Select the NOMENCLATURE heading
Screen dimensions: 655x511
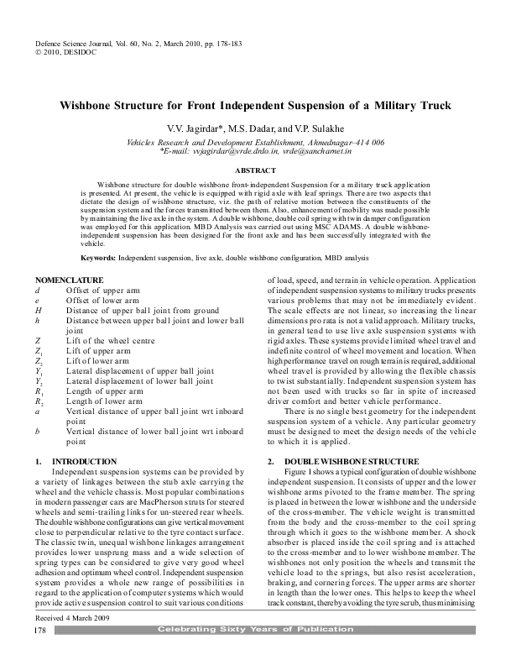coord(70,280)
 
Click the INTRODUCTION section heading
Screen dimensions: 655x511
coord(85,462)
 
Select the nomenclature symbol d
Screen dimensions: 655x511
coord(38,290)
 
